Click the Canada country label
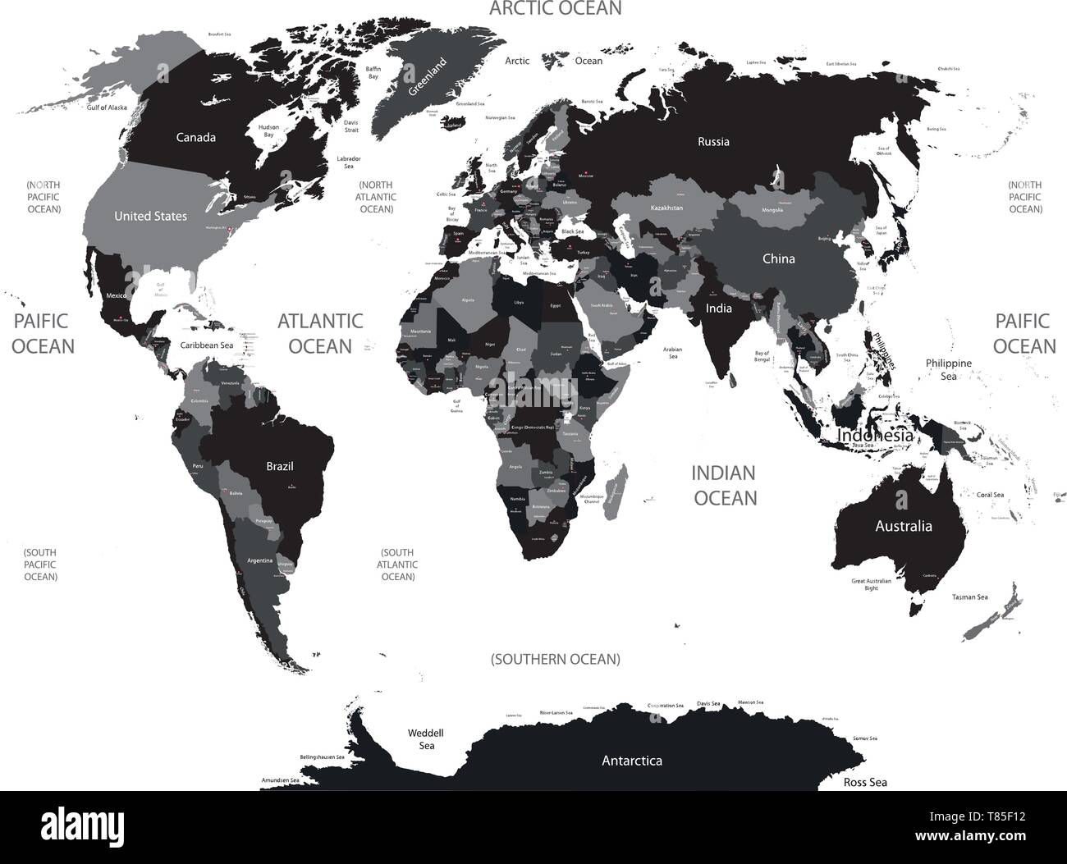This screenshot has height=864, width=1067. pos(196,137)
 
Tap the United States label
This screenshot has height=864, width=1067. pos(150,216)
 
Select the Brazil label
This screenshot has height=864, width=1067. pos(280,466)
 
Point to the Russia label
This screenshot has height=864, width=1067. pos(713,141)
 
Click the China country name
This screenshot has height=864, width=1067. pos(778,258)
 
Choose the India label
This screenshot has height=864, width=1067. pos(718,309)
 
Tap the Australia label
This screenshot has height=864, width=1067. pos(903,526)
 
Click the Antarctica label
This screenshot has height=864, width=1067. pos(632,761)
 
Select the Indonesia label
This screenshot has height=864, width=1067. pos(874,436)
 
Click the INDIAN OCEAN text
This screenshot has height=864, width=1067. pos(723,485)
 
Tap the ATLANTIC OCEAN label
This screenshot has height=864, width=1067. pos(320,332)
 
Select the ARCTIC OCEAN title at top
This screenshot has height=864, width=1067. pos(556,9)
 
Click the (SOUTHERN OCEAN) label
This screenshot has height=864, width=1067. pos(556,659)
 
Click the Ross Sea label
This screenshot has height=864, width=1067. pos(865,782)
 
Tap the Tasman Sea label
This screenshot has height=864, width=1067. pos(969,597)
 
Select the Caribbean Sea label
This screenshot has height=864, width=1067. pos(208,345)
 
